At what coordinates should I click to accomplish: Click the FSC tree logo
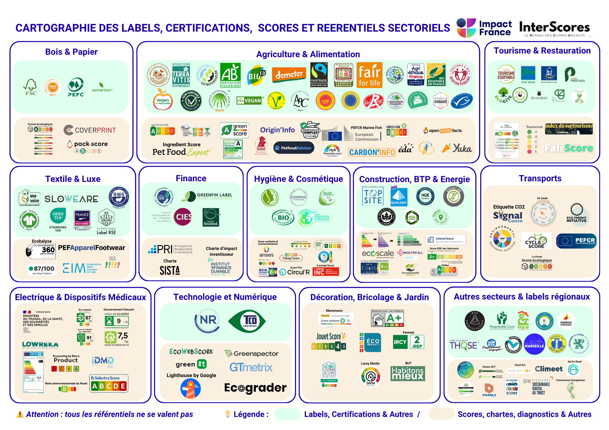[x=31, y=87]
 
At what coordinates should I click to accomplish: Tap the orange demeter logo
[x=289, y=74]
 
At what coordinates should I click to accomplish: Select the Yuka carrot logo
[x=457, y=148]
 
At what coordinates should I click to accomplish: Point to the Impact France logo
[x=484, y=28]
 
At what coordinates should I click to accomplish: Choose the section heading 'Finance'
[x=191, y=178]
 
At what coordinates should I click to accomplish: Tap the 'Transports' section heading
[x=540, y=178]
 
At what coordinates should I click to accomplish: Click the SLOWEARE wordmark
[x=71, y=199]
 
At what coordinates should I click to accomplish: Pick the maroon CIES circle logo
[x=183, y=217]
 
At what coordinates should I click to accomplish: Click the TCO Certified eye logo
[x=247, y=321]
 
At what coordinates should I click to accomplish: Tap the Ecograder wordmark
[x=255, y=388]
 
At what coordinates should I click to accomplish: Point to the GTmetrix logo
[x=251, y=367]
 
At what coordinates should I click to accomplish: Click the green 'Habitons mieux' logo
[x=408, y=373]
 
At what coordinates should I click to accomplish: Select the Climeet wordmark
[x=549, y=369]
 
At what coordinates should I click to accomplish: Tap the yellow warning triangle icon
[x=20, y=414]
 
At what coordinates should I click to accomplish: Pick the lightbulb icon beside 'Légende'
[x=227, y=414]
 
